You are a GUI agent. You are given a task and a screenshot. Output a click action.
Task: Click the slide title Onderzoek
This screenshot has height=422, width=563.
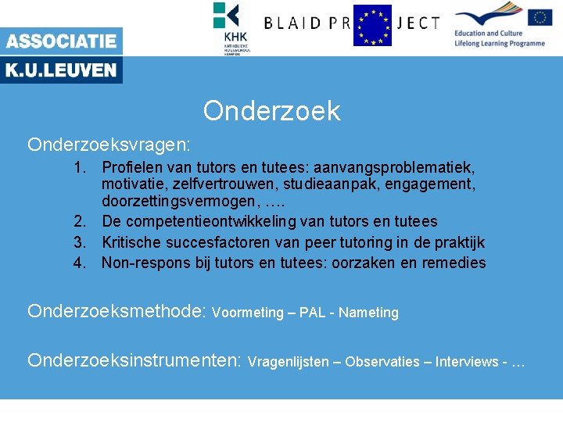pyautogui.click(x=272, y=111)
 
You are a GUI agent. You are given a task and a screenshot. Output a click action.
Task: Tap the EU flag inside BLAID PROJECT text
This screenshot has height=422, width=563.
pyautogui.click(x=372, y=25)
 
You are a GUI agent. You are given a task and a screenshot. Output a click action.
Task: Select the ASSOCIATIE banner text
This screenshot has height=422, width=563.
pyautogui.click(x=61, y=41)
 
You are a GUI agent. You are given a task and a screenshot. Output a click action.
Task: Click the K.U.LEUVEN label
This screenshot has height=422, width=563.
pyautogui.click(x=61, y=70)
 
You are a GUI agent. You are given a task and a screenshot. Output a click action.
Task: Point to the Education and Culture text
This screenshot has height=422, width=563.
pyautogui.click(x=488, y=34)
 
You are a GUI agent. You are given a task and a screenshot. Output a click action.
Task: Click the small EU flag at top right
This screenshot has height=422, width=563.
pyautogui.click(x=540, y=17)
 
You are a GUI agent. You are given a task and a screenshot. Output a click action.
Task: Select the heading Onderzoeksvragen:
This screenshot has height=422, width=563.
pyautogui.click(x=109, y=145)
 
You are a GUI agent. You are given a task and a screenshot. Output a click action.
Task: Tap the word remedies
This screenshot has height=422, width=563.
pyautogui.click(x=454, y=263)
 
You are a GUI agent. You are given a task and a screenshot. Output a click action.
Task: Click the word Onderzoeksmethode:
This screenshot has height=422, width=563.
pyautogui.click(x=117, y=311)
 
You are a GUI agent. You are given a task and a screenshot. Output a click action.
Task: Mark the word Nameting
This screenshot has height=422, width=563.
pyautogui.click(x=369, y=313)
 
